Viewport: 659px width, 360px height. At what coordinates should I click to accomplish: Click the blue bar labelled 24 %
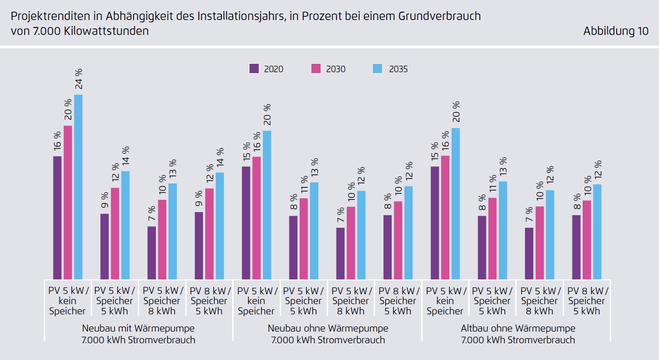click(78, 186)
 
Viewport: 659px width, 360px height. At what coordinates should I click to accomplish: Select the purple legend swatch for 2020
click(254, 68)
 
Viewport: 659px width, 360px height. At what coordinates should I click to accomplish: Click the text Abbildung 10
click(615, 31)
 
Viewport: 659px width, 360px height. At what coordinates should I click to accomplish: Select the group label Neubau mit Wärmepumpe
click(138, 328)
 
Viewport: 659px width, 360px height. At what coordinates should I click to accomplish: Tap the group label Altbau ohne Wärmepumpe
click(518, 328)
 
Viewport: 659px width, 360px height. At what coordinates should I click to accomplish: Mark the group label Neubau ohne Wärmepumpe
click(328, 328)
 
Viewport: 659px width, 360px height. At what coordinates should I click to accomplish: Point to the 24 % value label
click(79, 79)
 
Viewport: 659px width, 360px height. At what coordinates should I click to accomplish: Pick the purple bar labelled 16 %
click(57, 217)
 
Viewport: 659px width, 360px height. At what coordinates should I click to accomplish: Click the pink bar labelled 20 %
click(68, 202)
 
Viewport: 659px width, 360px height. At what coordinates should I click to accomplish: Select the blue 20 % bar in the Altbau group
click(456, 204)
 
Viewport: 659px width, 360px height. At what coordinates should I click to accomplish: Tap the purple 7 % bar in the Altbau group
click(529, 253)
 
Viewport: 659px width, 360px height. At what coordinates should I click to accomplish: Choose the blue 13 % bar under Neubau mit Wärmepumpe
click(173, 231)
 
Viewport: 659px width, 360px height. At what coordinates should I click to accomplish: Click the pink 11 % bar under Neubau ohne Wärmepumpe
click(303, 238)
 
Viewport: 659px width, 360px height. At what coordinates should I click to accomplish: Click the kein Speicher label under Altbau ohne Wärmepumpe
click(445, 306)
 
